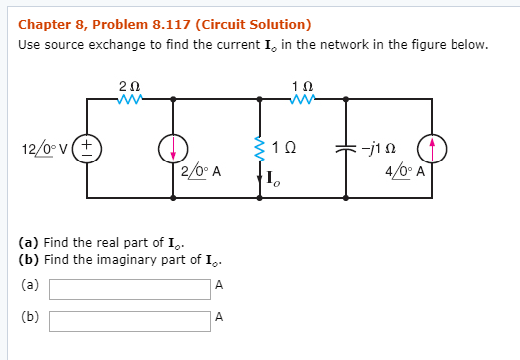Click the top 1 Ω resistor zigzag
[x=303, y=99]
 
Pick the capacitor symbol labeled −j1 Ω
[x=346, y=148]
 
